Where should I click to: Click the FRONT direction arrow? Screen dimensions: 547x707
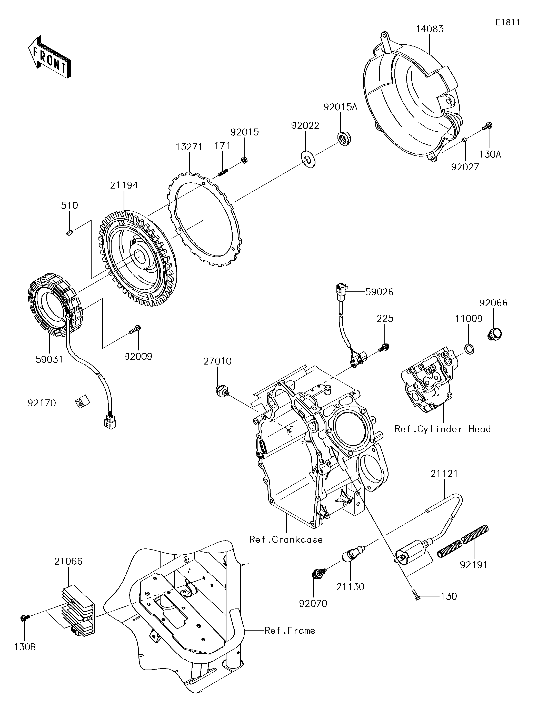click(x=50, y=57)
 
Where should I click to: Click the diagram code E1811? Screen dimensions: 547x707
click(x=508, y=22)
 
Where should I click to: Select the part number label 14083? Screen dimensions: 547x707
click(x=430, y=29)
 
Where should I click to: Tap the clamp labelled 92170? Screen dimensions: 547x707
click(x=83, y=402)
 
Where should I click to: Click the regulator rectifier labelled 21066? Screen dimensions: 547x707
click(x=78, y=612)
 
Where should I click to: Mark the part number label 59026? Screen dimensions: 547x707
click(x=379, y=292)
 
